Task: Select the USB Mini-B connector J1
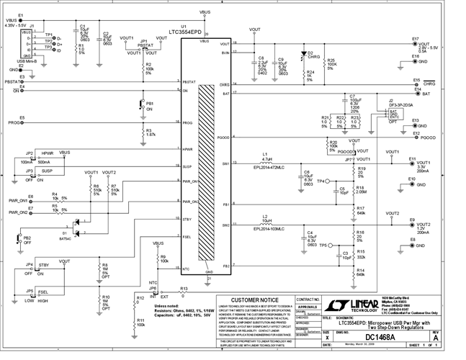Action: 27,43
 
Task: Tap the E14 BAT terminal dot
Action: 418,94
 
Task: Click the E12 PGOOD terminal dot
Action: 418,137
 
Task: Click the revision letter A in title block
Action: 455,337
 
